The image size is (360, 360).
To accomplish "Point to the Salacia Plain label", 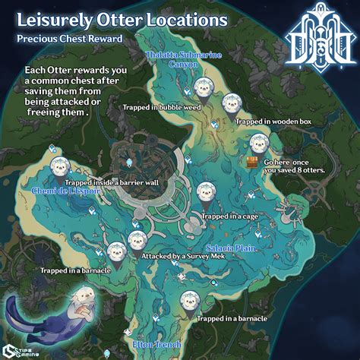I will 229,248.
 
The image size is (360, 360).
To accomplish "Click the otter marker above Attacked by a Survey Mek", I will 137,242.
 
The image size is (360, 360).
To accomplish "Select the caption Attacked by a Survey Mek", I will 177,257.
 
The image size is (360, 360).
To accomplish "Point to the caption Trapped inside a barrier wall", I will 101,183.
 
